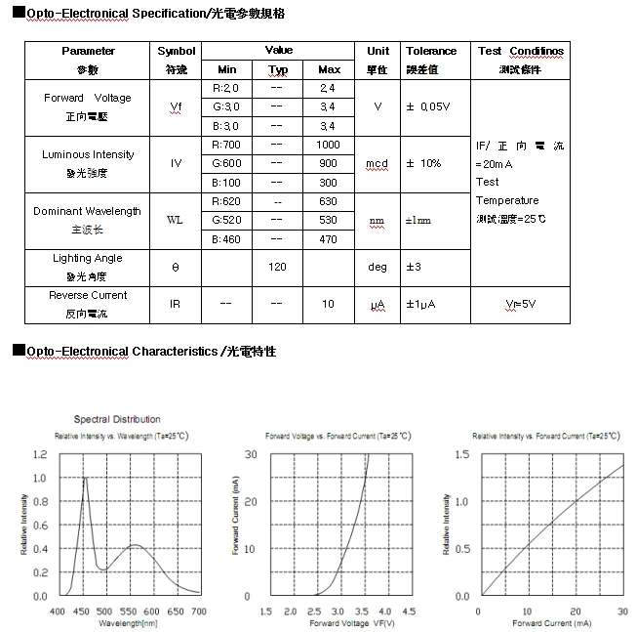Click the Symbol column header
tap(177, 51)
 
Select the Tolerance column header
tap(431, 51)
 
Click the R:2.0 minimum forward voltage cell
tap(226, 88)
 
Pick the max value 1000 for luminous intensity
tap(329, 145)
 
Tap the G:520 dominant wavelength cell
tap(226, 220)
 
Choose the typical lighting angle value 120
tap(277, 267)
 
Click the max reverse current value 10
tap(329, 304)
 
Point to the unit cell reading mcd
tap(378, 163)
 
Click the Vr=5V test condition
tap(520, 304)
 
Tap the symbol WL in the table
tap(176, 220)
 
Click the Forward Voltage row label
tap(87, 98)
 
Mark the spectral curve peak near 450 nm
tap(85, 477)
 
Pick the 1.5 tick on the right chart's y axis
tap(461, 454)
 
